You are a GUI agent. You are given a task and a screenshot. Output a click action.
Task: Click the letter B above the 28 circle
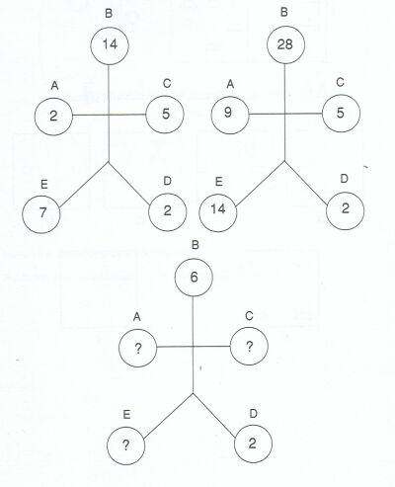tap(284, 12)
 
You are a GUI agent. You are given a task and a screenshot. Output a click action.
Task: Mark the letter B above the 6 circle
tap(196, 245)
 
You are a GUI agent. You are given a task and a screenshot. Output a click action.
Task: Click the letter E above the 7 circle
tap(44, 185)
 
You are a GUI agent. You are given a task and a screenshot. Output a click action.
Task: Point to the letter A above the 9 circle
tap(230, 84)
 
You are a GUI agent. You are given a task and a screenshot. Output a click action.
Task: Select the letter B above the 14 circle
tap(109, 14)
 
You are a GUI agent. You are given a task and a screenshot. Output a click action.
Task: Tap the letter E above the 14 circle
tap(219, 182)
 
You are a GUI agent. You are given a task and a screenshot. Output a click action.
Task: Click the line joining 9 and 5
tap(285, 114)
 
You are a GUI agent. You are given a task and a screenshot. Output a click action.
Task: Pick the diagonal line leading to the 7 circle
tap(84, 185)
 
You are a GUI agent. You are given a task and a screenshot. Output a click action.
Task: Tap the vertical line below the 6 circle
tap(193, 345)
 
